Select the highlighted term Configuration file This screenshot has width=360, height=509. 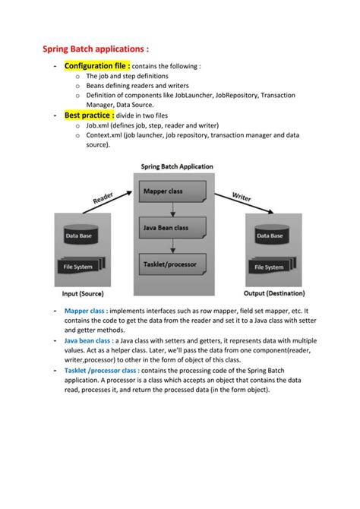pyautogui.click(x=97, y=66)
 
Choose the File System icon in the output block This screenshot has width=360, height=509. pyautogui.click(x=271, y=267)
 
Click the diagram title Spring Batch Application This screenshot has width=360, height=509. pyautogui.click(x=177, y=166)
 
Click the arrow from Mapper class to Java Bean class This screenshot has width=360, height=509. pyautogui.click(x=174, y=210)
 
